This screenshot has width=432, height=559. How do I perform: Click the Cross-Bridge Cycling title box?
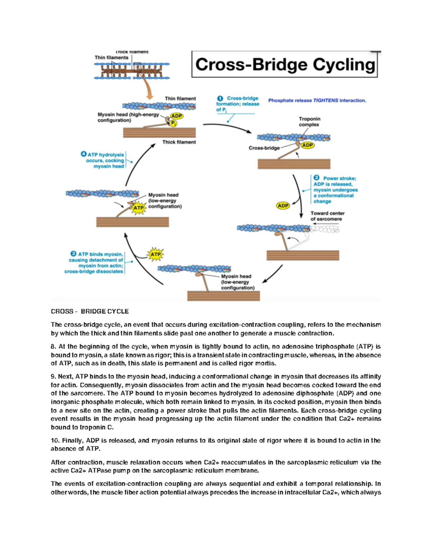tap(284, 64)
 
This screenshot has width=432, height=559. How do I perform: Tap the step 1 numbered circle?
tap(220, 98)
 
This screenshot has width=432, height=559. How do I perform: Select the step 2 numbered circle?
tap(316, 178)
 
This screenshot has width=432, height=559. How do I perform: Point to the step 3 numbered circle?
tap(73, 254)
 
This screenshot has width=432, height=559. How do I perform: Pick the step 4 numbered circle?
tap(84, 154)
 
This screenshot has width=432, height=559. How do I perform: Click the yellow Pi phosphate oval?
tap(173, 123)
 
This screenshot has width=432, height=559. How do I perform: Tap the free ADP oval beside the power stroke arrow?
tap(283, 206)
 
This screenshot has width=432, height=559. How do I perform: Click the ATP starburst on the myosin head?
tap(138, 208)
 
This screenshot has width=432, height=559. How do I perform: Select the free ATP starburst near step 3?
tap(155, 254)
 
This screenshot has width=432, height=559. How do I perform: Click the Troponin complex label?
tap(309, 122)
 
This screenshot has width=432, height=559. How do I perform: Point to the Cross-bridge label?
tap(264, 148)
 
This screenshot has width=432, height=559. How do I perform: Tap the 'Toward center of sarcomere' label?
tap(327, 216)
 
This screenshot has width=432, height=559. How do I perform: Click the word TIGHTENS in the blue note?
tap(325, 100)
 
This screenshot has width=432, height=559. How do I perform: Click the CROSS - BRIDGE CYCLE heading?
tap(90, 311)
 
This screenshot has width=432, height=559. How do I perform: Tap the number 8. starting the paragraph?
tap(53, 347)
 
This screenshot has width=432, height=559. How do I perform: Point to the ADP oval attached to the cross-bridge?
tap(307, 145)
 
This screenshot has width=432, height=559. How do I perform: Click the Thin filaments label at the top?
tap(111, 58)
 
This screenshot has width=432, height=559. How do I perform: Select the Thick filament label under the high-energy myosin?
tap(179, 142)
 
